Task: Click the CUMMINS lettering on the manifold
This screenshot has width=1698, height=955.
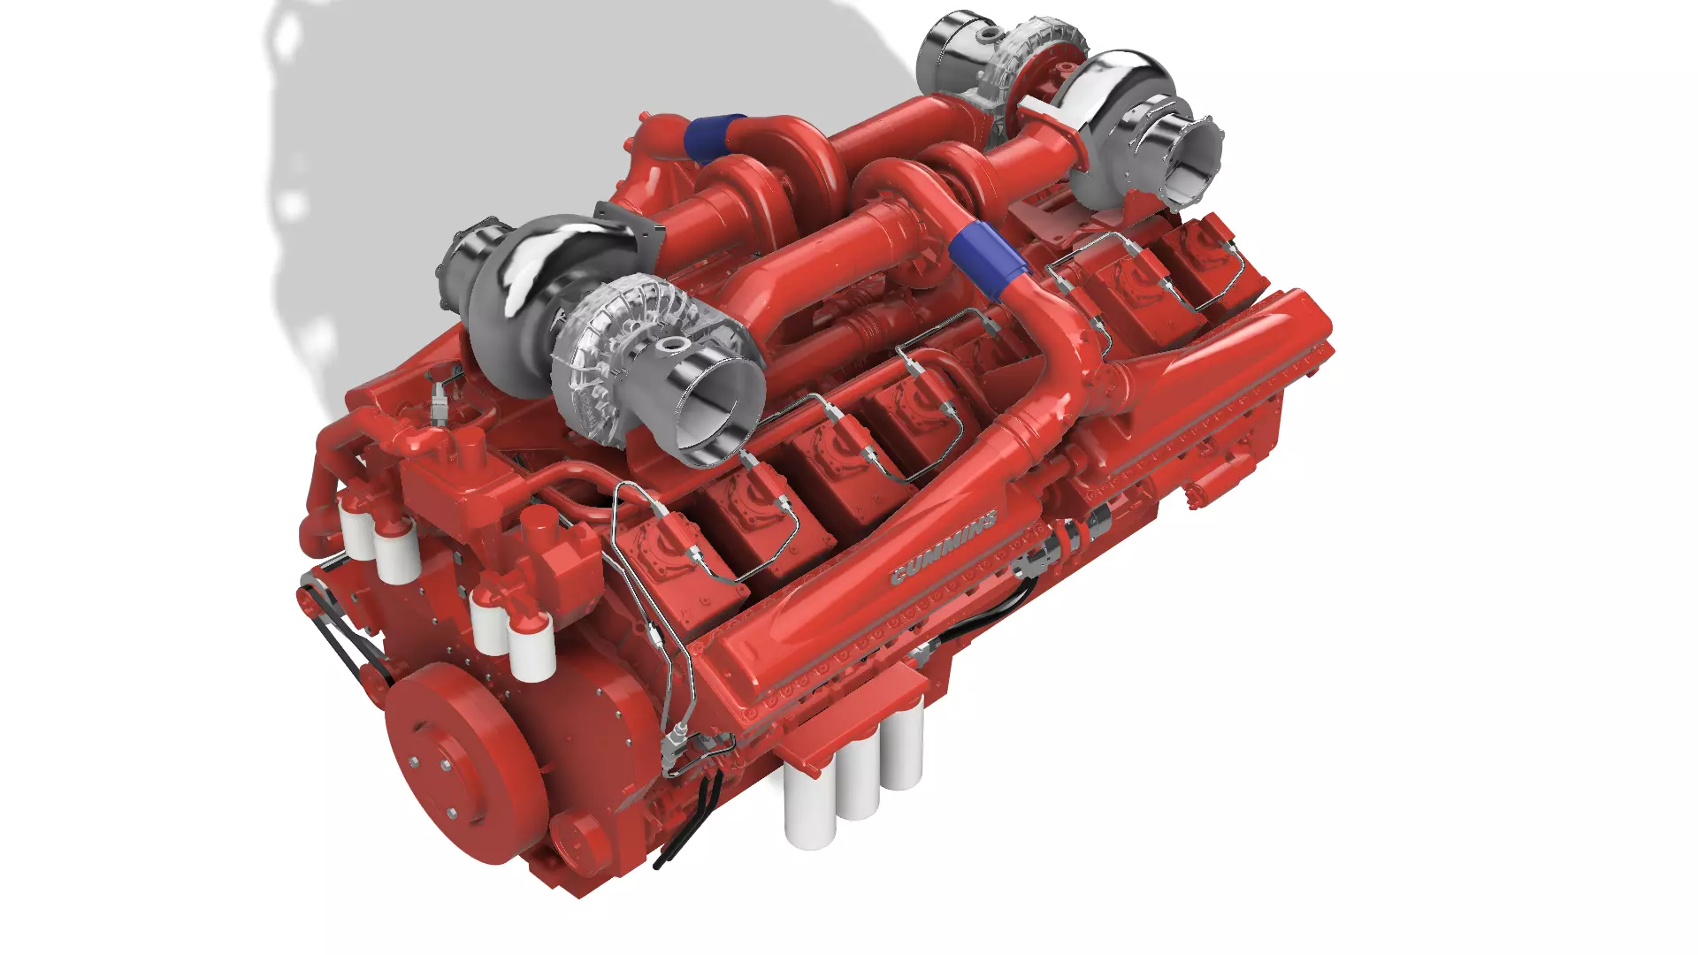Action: [944, 547]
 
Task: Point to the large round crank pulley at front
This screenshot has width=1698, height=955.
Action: [463, 760]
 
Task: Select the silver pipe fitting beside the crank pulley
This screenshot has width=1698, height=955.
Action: [677, 738]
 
